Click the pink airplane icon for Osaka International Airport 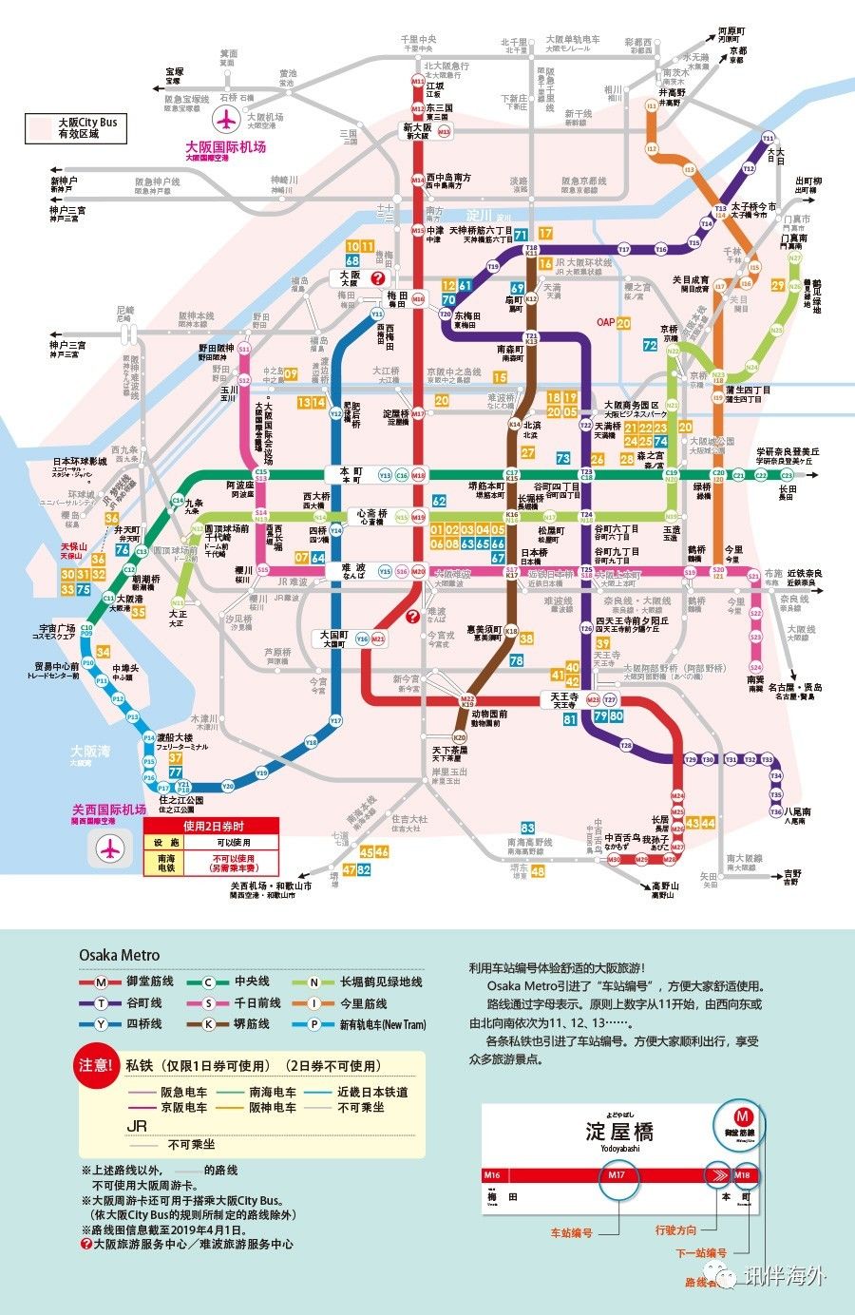point(227,121)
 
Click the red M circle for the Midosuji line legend point(100,981)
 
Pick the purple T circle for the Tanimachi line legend point(100,1003)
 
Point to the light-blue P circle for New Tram point(313,1024)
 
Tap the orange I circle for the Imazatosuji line point(313,1003)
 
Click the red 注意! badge point(97,1066)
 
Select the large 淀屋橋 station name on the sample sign point(619,1132)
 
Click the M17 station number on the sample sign point(617,1175)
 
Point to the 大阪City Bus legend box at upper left point(76,128)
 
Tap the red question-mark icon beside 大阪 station point(378,278)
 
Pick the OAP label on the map point(605,322)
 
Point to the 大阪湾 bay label point(90,752)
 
